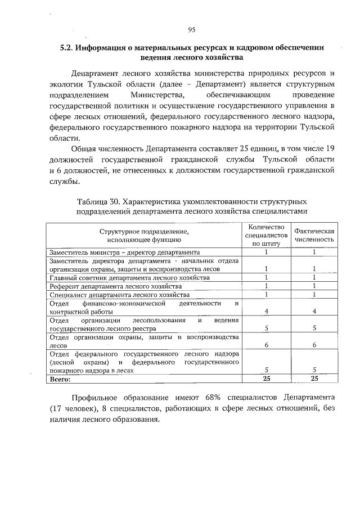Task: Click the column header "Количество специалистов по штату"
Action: pyautogui.click(x=266, y=235)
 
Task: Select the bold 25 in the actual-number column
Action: pyautogui.click(x=314, y=380)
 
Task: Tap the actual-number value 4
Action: pyautogui.click(x=314, y=312)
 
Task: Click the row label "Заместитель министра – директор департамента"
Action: pyautogui.click(x=124, y=253)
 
